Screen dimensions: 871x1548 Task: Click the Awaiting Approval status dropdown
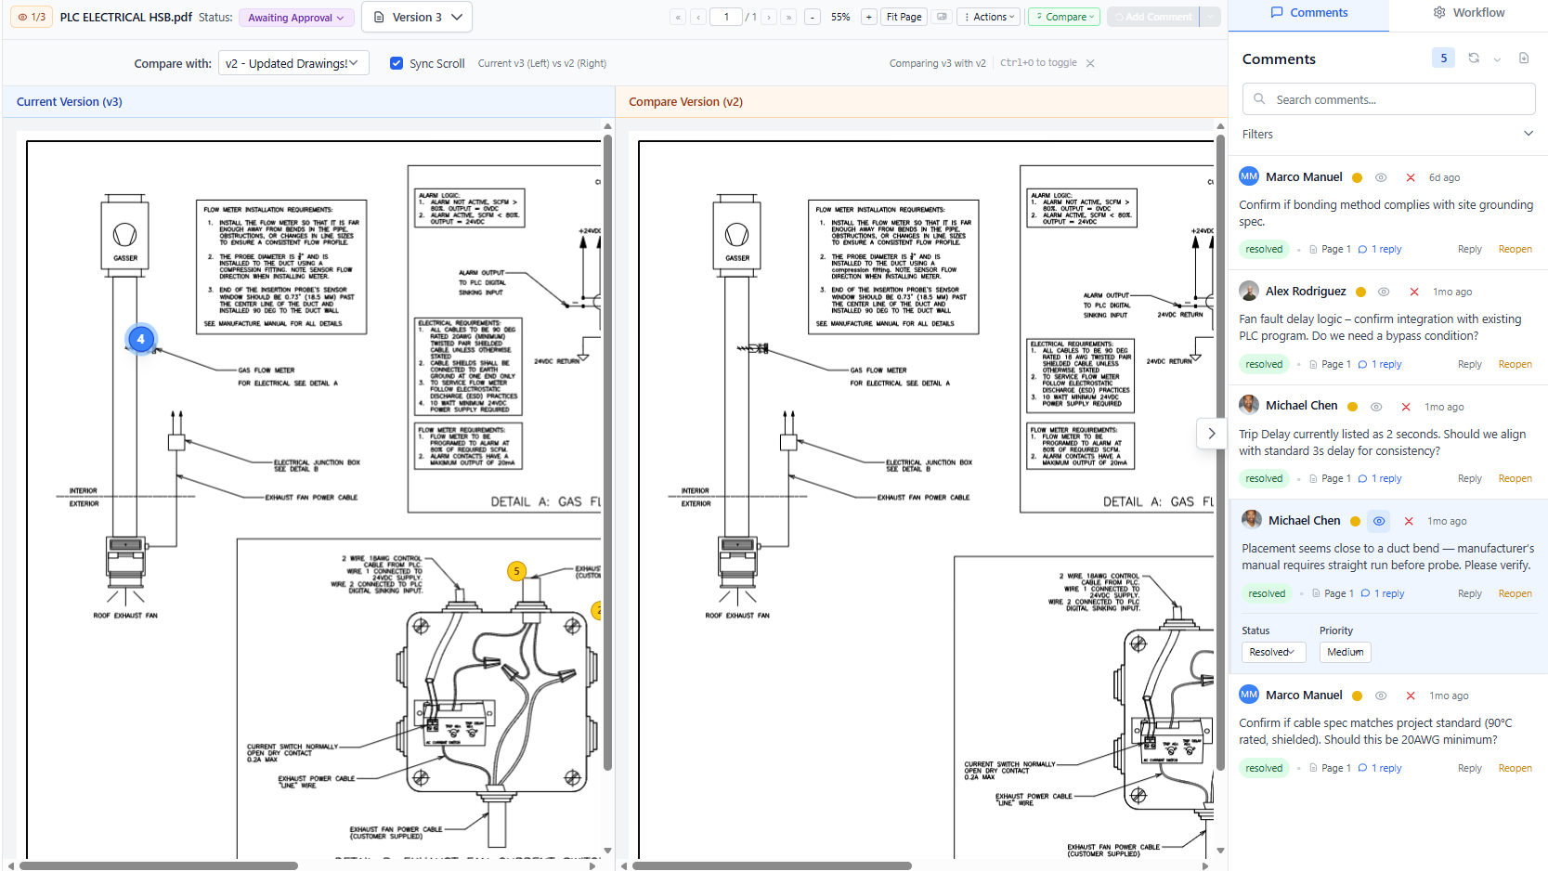click(295, 18)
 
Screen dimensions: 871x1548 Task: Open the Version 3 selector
click(416, 17)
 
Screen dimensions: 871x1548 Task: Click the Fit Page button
click(904, 17)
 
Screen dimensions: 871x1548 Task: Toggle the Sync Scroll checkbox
click(397, 63)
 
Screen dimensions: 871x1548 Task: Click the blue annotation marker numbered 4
click(141, 339)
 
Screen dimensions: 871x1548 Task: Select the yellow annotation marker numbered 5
click(517, 571)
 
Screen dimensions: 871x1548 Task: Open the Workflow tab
click(1468, 13)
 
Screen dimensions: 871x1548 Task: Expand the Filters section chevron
click(1528, 134)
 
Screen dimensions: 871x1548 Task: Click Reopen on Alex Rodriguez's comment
click(1515, 364)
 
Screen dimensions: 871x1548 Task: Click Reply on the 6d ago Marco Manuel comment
click(1469, 249)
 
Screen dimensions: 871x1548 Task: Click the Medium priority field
click(1345, 652)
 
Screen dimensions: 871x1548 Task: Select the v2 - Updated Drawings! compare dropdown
click(293, 63)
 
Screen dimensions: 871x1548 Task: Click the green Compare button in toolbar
click(1064, 17)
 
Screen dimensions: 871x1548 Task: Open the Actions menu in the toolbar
click(989, 17)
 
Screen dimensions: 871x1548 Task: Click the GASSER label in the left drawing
click(125, 258)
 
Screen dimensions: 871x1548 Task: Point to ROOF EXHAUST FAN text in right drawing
click(737, 615)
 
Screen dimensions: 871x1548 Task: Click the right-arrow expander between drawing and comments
click(1211, 434)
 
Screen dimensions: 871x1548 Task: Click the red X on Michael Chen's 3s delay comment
click(1406, 407)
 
